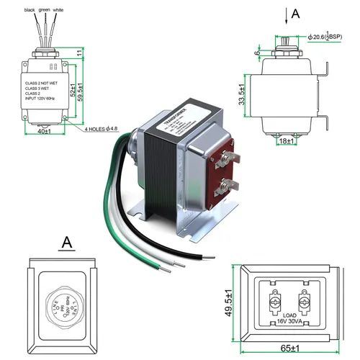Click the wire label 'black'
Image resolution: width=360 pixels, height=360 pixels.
click(29, 11)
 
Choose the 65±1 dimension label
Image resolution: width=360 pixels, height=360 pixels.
click(289, 351)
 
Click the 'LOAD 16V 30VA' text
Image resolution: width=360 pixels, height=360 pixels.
click(290, 320)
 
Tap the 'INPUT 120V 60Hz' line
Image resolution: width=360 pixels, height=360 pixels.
click(42, 108)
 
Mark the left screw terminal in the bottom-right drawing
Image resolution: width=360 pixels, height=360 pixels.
click(275, 300)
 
